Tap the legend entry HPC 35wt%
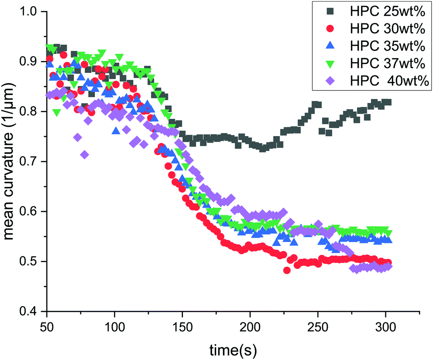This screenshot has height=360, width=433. [x=380, y=46]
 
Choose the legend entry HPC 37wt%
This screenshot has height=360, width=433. [x=380, y=64]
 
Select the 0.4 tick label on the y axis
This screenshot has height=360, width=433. [x=30, y=311]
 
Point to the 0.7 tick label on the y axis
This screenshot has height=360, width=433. [x=30, y=162]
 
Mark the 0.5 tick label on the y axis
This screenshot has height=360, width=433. [x=30, y=261]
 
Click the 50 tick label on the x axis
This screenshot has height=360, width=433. [x=47, y=326]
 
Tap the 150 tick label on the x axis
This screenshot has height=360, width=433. [x=182, y=326]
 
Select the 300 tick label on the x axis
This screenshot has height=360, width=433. [x=386, y=326]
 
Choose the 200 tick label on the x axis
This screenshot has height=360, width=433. [x=250, y=326]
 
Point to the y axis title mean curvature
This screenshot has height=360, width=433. [x=10, y=161]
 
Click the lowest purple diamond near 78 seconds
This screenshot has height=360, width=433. [x=84, y=154]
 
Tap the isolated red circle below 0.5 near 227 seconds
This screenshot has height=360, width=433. [x=287, y=270]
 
